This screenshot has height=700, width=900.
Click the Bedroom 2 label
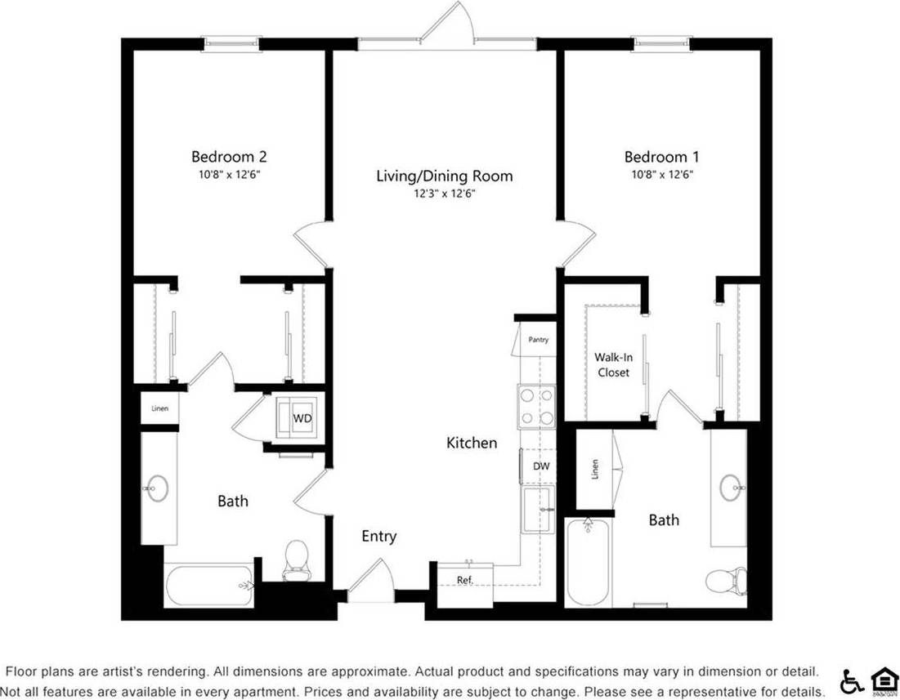229,156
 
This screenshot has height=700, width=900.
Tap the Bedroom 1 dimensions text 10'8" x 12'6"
662,174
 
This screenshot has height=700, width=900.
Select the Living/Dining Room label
445,176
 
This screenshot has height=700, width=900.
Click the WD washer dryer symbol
302,418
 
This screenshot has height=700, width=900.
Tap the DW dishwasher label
541,466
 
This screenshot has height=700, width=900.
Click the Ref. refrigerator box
464,581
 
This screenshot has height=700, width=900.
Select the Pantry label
538,340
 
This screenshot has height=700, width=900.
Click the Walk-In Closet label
612,364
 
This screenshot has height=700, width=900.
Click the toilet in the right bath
726,582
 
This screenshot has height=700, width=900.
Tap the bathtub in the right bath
588,562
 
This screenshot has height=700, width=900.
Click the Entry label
379,537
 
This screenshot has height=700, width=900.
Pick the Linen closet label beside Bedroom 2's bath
159,408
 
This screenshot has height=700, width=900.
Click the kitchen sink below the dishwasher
539,510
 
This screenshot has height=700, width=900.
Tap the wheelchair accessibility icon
851,680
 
